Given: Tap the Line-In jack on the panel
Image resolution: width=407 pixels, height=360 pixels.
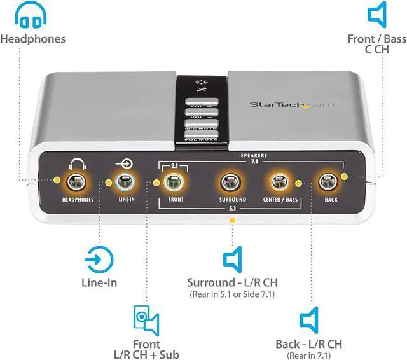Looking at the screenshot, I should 125,184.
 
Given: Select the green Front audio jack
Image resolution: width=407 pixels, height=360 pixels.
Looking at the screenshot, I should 172,184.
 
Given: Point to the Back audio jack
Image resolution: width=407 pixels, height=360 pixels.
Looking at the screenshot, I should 328,184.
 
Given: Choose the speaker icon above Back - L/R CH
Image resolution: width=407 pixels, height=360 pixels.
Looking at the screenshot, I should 309,319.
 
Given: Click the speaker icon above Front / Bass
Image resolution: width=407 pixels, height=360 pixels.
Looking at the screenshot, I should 377,14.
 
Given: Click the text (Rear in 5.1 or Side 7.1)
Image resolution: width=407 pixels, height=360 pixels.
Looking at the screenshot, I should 231,294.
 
